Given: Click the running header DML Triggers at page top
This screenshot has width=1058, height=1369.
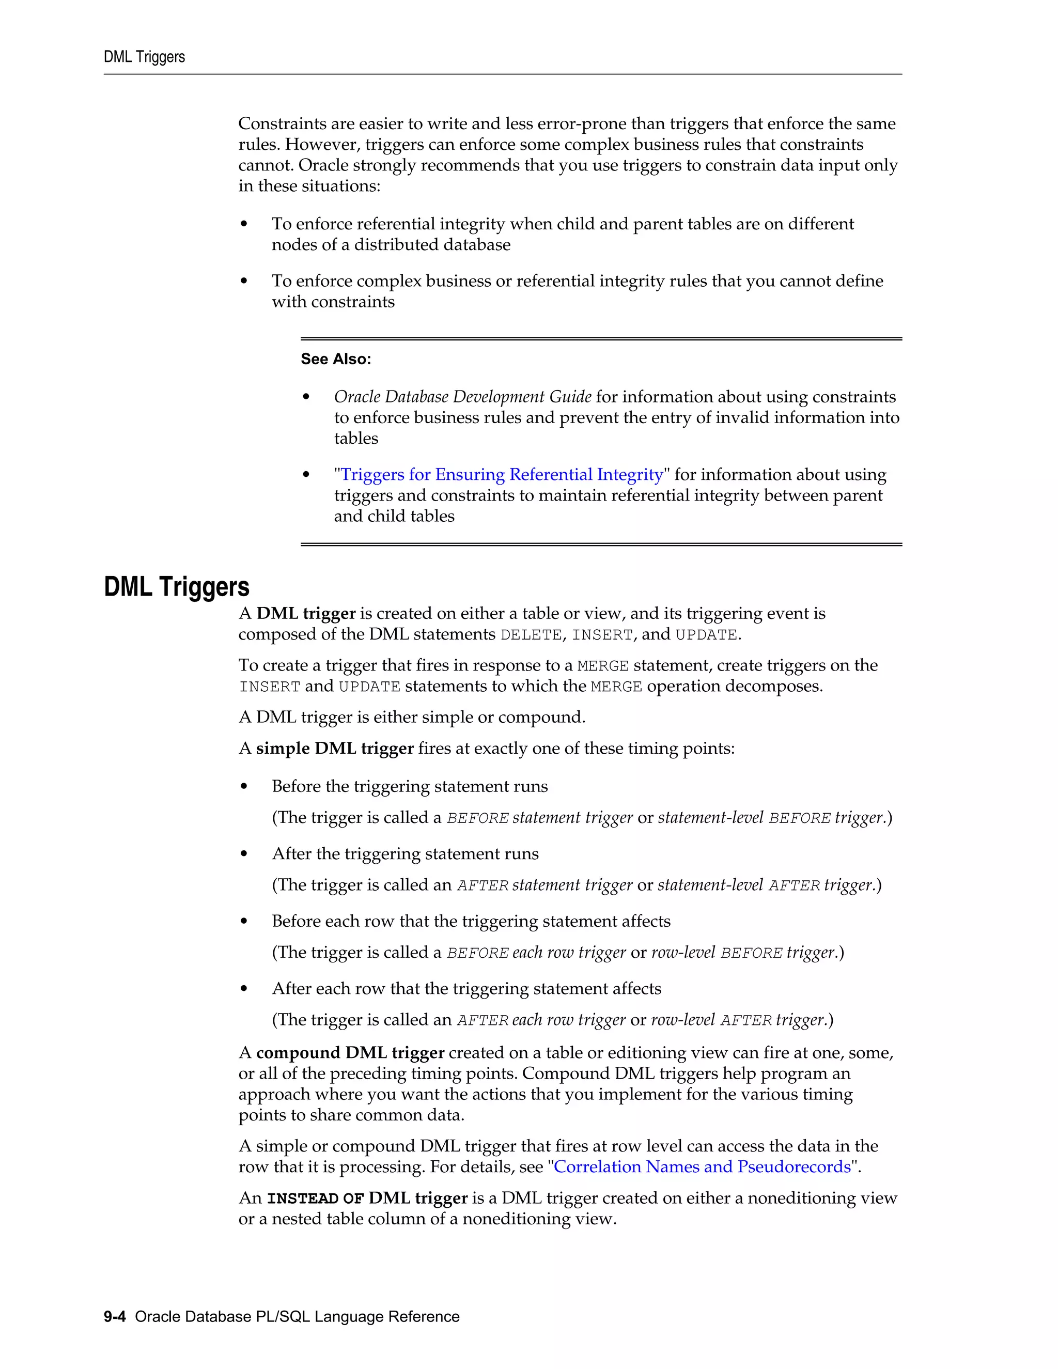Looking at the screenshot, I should point(144,57).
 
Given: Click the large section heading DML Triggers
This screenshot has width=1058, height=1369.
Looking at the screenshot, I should point(176,587).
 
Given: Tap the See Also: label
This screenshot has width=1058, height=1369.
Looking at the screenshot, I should point(335,359).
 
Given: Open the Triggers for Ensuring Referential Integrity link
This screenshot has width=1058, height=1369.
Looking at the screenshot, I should point(502,475).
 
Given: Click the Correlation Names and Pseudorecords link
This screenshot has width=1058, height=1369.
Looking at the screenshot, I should point(702,1166).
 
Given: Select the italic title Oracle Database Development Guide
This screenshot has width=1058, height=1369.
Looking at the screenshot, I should point(462,397).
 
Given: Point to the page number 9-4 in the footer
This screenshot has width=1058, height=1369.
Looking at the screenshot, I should point(115,1316).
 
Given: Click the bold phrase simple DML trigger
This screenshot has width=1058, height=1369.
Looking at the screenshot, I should point(335,749).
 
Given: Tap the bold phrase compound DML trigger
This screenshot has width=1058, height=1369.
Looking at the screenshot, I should point(350,1052).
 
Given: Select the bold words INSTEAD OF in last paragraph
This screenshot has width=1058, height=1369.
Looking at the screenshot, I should point(315,1199).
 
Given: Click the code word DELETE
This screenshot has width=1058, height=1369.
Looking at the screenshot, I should point(530,635).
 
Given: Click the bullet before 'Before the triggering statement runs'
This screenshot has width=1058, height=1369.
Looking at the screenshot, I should point(244,787).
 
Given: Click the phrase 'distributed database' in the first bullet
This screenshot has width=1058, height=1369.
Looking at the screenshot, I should point(432,244).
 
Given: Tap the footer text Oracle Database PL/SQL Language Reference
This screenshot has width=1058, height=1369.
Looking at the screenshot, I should point(297,1316).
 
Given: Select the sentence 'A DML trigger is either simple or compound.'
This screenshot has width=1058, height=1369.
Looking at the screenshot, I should point(412,717).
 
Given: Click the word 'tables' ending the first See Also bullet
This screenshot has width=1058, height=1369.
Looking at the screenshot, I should point(356,438).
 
